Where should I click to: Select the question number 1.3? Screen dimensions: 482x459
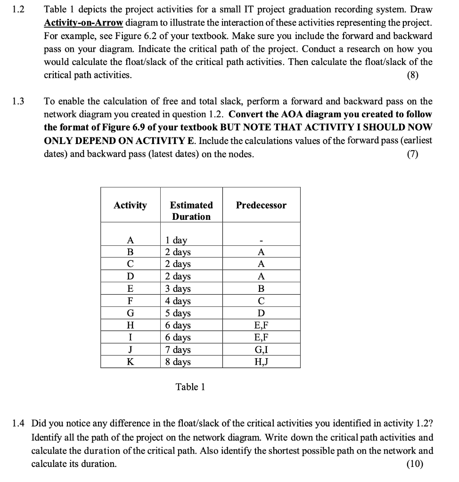(19, 101)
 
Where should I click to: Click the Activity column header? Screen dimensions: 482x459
(130, 205)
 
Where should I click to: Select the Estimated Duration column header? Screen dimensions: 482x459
(191, 210)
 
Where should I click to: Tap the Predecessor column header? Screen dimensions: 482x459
(261, 205)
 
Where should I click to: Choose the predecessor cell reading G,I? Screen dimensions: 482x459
(261, 350)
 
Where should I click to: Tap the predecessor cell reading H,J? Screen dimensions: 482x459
(261, 362)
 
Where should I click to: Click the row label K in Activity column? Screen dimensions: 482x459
(130, 362)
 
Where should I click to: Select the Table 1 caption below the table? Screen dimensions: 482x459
(190, 387)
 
